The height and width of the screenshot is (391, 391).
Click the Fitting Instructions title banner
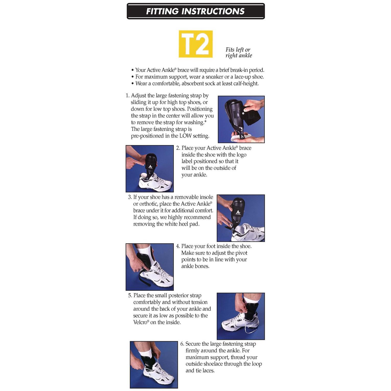(x=195, y=11)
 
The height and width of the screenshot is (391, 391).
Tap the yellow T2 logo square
(x=195, y=44)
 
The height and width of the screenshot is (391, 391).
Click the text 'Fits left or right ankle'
(x=239, y=53)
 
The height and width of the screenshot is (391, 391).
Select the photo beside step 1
(x=241, y=119)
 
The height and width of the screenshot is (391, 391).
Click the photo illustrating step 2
(x=149, y=169)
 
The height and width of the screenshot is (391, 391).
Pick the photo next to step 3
(x=241, y=218)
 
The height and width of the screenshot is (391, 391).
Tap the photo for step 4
(x=149, y=267)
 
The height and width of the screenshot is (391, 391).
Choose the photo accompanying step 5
(x=241, y=316)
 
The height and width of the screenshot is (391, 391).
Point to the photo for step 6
(x=154, y=365)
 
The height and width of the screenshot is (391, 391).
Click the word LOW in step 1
(x=185, y=136)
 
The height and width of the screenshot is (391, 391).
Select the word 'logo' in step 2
(x=241, y=155)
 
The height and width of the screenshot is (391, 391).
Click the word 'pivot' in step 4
(x=241, y=253)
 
